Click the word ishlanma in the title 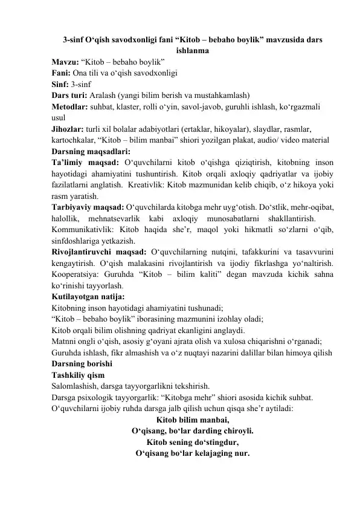[x=192, y=51]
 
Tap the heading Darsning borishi [x=82, y=364]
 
